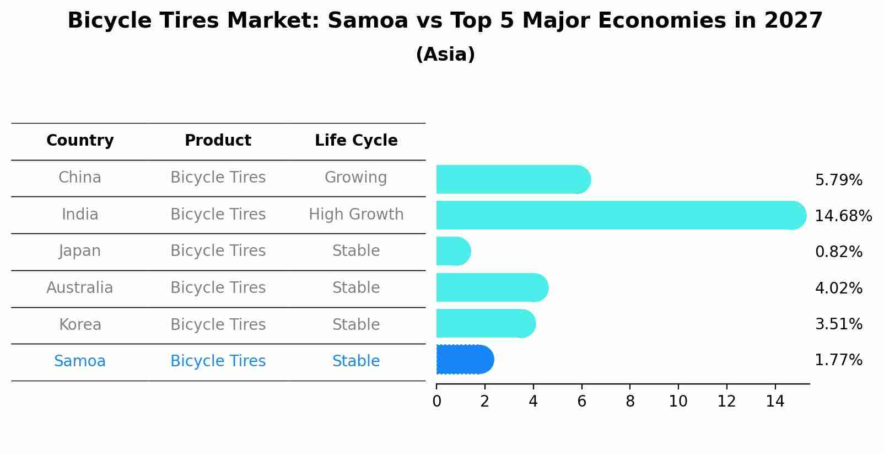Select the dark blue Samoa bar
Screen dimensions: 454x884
[464, 360]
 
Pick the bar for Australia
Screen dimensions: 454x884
[492, 287]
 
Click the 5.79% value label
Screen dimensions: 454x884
[838, 180]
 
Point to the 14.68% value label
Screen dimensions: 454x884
[843, 216]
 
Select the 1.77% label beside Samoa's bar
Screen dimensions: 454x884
[838, 360]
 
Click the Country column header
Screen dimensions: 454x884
[80, 141]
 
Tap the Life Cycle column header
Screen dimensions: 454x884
[356, 141]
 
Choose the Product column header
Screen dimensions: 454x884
[218, 141]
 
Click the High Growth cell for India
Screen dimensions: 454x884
[356, 215]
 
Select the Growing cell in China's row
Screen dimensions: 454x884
[355, 178]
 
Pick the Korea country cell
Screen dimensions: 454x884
[80, 324]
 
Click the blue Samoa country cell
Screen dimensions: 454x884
[80, 361]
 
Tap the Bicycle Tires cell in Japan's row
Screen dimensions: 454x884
[218, 251]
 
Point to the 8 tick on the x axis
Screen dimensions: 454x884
[630, 402]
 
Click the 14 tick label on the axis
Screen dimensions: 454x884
[775, 402]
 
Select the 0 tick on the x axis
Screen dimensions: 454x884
[436, 402]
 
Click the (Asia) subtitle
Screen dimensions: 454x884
[445, 55]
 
